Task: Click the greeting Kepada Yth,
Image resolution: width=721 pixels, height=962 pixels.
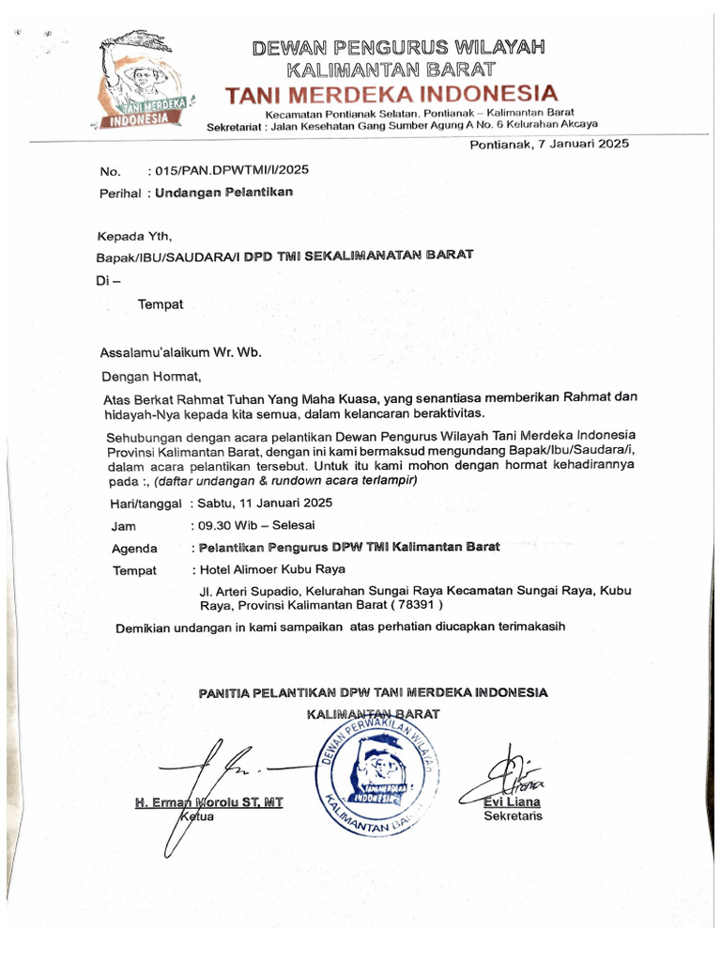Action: point(136,235)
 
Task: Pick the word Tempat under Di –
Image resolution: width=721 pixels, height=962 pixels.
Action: point(161,304)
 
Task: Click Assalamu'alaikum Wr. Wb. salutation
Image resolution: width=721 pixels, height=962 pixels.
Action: point(179,353)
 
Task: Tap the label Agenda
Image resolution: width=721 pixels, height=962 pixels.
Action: point(134,548)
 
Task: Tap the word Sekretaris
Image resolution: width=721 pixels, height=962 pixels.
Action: point(513,816)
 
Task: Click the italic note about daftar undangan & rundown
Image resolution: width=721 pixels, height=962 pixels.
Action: point(285,480)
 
